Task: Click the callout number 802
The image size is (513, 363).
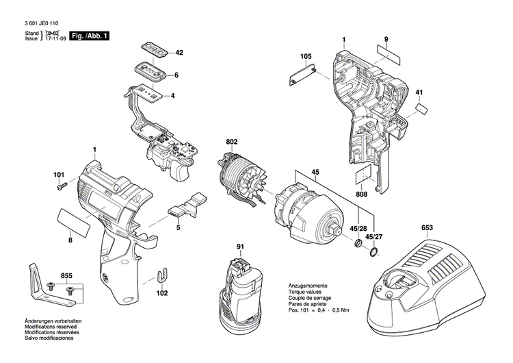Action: click(x=231, y=142)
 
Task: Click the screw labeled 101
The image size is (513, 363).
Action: click(x=62, y=184)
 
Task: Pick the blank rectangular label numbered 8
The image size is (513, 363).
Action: click(x=71, y=222)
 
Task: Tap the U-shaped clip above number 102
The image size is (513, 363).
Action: click(x=163, y=275)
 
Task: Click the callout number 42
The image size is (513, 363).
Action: click(x=180, y=53)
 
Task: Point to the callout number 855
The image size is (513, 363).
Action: click(x=66, y=275)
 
